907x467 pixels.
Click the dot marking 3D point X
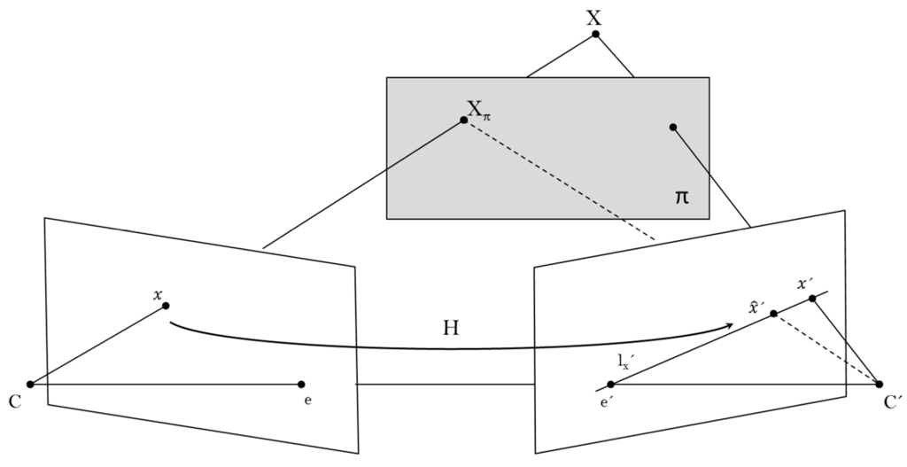point(595,35)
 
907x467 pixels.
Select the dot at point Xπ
point(464,120)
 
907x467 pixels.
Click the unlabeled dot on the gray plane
point(673,128)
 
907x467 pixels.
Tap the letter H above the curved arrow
point(450,329)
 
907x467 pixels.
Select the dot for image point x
point(166,306)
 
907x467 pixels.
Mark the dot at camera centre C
point(30,384)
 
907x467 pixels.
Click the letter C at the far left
point(15,401)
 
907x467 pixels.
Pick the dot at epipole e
point(302,384)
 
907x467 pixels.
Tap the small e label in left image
point(306,401)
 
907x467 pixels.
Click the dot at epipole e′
point(610,384)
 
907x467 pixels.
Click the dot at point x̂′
point(773,314)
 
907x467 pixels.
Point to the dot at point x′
point(812,298)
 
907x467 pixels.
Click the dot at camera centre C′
point(879,384)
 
